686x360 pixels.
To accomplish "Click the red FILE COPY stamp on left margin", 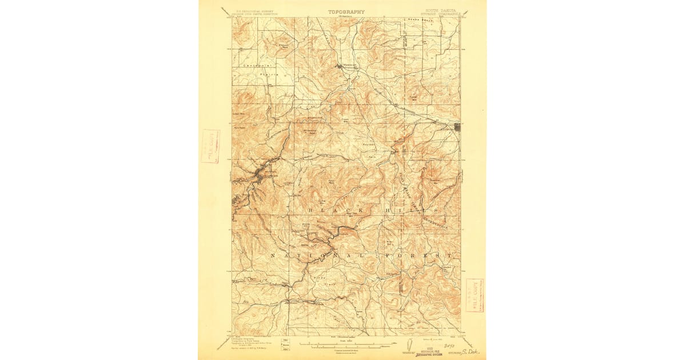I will tap(210, 146).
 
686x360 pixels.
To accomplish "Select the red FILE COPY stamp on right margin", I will tap(474, 295).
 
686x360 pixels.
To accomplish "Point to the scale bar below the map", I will tap(343, 345).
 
